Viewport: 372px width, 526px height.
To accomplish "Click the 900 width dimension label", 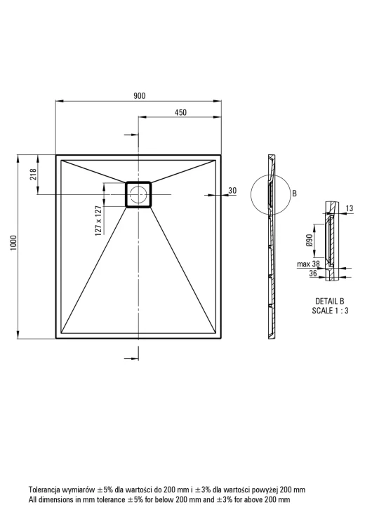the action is (140, 96).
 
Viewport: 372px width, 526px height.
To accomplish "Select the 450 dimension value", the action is (180, 112).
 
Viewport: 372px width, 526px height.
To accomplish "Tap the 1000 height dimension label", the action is (13, 243).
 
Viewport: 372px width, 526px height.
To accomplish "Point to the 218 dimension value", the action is (33, 175).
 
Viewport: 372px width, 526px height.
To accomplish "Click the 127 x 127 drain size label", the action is (99, 220).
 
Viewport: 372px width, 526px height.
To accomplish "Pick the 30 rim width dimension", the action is (232, 191).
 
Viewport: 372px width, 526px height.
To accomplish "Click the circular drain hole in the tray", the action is (138, 194).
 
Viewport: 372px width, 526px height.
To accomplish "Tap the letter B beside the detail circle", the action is (295, 194).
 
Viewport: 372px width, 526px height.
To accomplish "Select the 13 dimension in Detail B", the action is (349, 208).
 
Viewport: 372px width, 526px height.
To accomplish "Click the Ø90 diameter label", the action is (310, 240).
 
